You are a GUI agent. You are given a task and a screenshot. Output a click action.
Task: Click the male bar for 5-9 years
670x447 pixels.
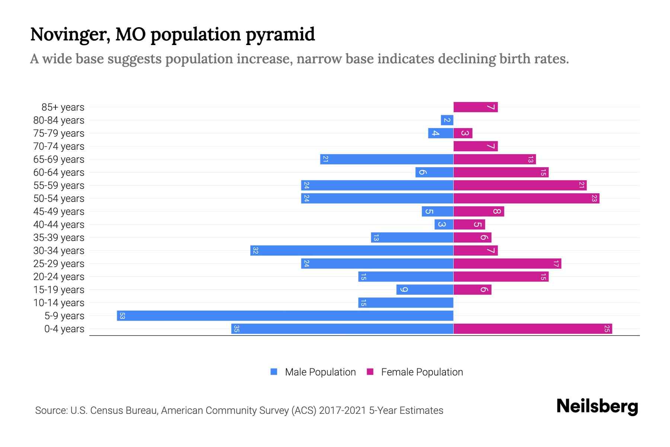(285, 316)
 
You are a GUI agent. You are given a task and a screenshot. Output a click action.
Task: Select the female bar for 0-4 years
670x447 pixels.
(533, 329)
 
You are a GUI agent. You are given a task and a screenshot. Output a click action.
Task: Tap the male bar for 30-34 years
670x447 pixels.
(352, 251)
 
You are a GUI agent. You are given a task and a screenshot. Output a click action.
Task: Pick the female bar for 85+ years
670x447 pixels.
(475, 107)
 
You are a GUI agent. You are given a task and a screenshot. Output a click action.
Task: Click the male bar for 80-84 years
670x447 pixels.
(447, 120)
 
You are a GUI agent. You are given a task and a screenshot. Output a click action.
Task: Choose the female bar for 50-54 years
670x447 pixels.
(526, 199)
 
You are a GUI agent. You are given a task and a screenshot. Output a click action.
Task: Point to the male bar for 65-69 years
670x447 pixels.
(387, 159)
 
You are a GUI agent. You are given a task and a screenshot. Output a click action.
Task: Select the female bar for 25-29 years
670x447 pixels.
(507, 264)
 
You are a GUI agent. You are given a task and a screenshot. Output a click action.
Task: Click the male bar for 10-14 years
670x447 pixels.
(406, 303)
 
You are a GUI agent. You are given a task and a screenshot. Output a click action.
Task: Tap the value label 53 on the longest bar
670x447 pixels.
(122, 316)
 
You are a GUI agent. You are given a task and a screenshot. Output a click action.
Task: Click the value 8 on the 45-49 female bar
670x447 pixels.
(497, 212)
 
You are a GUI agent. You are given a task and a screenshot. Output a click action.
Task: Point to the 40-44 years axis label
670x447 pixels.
(59, 225)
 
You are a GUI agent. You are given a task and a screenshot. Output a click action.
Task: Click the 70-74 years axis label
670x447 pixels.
(59, 146)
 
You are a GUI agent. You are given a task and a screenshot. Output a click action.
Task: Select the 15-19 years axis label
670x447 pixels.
(59, 290)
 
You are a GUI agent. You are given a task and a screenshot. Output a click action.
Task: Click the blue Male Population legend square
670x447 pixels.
(274, 372)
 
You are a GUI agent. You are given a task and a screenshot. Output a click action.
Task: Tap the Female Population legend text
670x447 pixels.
(422, 372)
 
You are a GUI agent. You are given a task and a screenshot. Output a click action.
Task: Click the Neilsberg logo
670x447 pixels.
(597, 406)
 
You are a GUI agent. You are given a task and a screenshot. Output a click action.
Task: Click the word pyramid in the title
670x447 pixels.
(280, 35)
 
